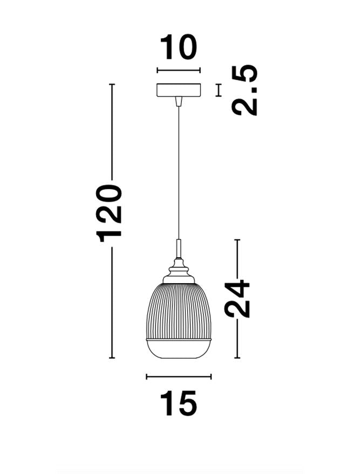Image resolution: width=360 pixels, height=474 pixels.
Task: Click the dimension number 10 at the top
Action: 178,48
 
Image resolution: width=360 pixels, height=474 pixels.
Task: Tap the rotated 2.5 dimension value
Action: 245,90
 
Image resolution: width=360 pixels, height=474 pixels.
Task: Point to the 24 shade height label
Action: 237,298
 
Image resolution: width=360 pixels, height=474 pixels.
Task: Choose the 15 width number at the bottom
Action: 178,404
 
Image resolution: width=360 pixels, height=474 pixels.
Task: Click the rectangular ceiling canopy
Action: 178,90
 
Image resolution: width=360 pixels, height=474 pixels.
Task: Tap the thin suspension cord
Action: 178,173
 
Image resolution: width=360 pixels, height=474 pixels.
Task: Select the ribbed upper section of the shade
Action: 178,310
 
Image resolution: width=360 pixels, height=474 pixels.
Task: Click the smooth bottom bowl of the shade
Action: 178,349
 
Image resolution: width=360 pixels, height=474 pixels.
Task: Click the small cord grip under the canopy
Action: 178,101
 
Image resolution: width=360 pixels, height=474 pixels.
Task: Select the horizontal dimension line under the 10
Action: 178,70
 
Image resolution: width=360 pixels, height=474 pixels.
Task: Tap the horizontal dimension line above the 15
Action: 178,377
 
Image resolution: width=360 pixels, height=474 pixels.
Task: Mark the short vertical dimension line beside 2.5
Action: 219,90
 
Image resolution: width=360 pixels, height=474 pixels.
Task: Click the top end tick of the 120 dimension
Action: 112,85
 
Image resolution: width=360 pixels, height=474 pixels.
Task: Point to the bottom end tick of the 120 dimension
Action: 112,358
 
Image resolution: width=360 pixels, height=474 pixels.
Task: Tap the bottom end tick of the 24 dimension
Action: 237,358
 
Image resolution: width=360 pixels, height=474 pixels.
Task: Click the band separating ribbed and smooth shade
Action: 178,339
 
